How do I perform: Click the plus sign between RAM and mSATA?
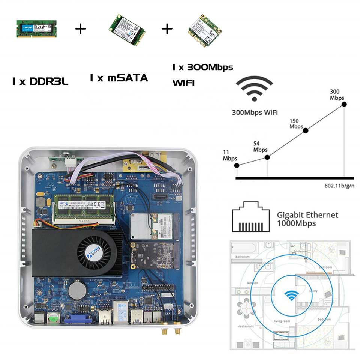pos(81,29)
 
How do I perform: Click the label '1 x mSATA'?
pos(119,78)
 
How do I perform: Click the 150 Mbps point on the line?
pos(306,130)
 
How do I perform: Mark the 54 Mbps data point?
pos(267,157)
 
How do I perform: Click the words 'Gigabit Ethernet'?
pos(307,215)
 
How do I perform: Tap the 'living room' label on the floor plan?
pos(282,321)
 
